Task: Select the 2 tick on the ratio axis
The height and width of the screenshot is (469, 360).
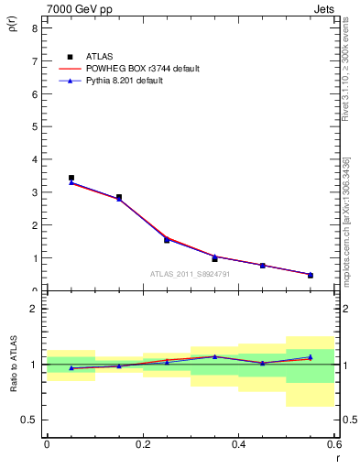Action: point(33,309)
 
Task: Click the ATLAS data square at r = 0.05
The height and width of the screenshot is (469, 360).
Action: point(71,178)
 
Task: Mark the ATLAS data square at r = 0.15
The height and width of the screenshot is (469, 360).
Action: point(119,197)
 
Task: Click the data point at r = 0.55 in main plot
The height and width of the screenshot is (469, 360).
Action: point(311,275)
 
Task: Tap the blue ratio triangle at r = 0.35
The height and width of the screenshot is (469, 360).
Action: point(214,356)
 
